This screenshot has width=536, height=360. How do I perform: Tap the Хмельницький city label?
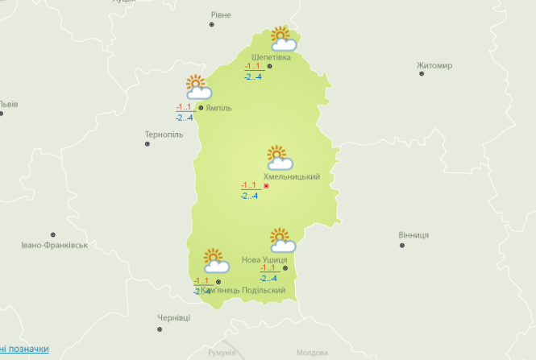tap(292, 176)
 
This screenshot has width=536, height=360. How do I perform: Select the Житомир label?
tap(434, 65)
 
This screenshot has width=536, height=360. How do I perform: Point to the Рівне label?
tap(220, 14)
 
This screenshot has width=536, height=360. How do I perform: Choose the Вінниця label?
tap(413, 235)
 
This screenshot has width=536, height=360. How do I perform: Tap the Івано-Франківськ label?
tap(54, 244)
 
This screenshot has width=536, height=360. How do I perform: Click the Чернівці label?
tap(173, 318)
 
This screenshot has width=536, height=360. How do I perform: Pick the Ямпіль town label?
tap(219, 107)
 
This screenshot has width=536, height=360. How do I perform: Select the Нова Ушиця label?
tap(264, 260)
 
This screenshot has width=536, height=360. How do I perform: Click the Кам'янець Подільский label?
tap(243, 290)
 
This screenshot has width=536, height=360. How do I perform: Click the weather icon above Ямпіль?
tap(197, 87)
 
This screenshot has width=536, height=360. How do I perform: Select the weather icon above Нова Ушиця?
tap(282, 240)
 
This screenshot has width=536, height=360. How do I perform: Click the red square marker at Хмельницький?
tap(266, 187)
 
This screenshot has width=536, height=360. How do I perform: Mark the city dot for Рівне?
tap(213, 25)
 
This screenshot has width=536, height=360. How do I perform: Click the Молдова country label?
tap(312, 353)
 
